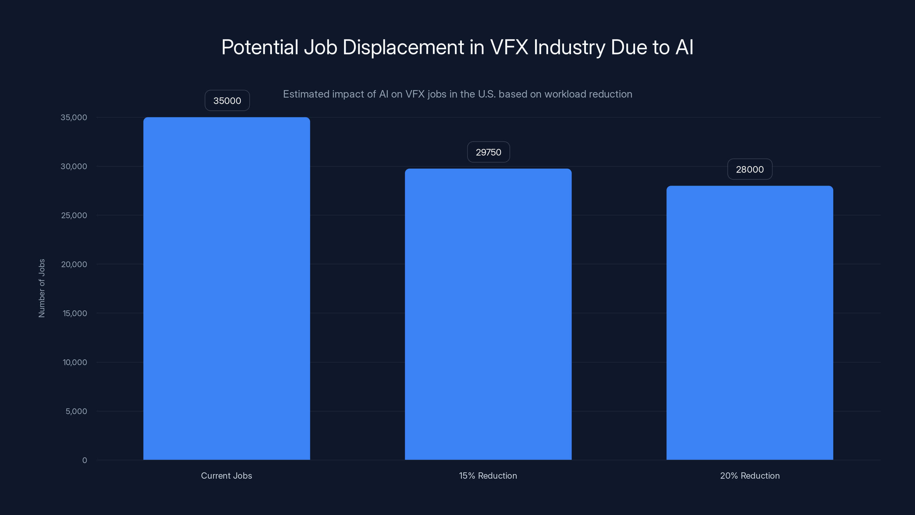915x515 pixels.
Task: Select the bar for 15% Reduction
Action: [x=488, y=314]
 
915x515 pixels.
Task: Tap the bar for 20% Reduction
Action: [x=749, y=323]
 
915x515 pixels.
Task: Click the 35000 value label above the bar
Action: [x=227, y=101]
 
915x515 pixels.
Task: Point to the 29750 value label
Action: [x=488, y=152]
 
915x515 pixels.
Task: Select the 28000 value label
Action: [x=749, y=169]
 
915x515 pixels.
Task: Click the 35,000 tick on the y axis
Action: [x=74, y=117]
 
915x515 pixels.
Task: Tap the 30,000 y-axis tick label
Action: [x=74, y=166]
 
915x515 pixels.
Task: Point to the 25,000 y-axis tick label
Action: [x=74, y=215]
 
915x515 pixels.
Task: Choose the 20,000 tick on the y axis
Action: [x=74, y=264]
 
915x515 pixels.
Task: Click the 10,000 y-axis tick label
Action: [x=75, y=363]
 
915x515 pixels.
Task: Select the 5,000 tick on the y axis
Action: [x=76, y=411]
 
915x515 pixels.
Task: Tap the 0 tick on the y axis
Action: [x=85, y=460]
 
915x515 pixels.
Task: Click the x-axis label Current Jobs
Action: [x=226, y=476]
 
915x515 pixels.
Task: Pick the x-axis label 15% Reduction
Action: [x=488, y=476]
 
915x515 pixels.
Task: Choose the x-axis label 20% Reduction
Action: [x=749, y=476]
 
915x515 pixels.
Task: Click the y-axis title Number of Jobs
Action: [x=41, y=288]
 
